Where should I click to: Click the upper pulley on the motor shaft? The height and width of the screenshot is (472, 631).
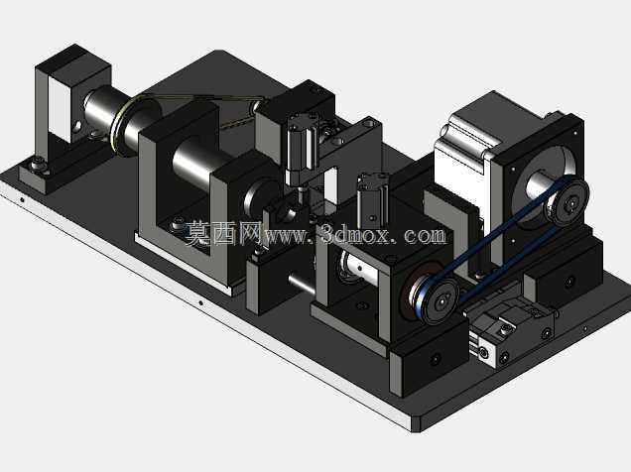tap(568, 202)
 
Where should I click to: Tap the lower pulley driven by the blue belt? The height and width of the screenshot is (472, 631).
tap(440, 298)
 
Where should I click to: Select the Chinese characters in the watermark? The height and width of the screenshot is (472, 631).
tap(224, 232)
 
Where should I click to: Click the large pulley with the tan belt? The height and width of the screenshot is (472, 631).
tap(122, 127)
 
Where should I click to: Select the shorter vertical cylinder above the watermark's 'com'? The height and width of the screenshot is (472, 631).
tap(373, 200)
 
